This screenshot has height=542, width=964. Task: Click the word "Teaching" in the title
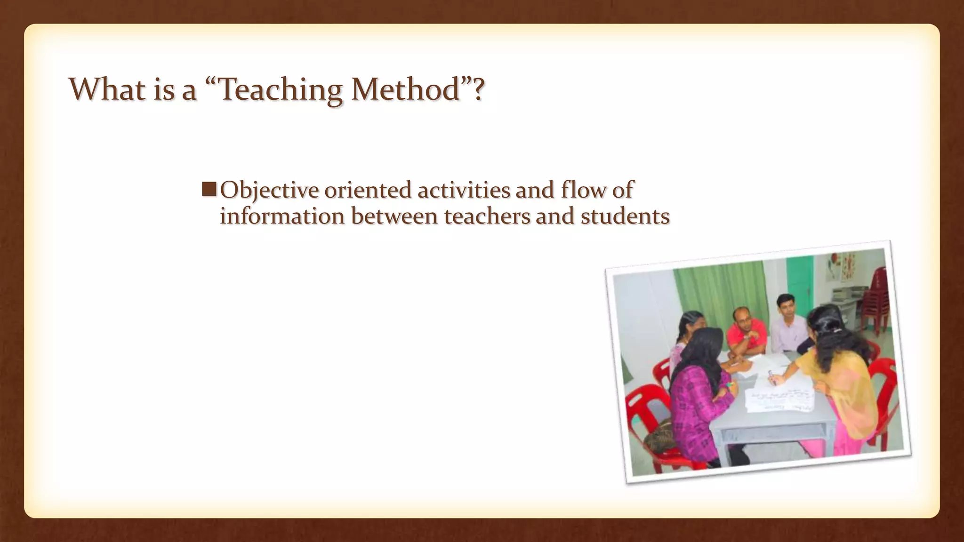[281, 89]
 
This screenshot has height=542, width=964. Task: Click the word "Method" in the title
[406, 89]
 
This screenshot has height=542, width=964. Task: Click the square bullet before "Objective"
[209, 190]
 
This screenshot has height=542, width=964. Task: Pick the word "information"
[282, 216]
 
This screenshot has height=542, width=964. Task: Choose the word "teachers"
[487, 216]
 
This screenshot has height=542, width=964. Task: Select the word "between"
[394, 216]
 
